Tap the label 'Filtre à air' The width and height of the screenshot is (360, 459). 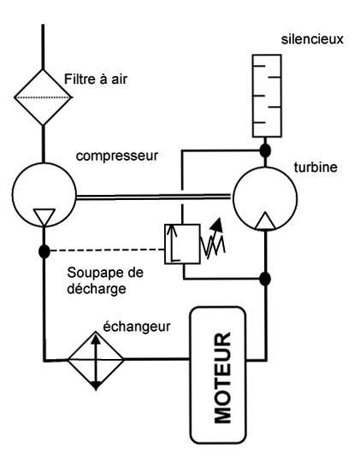point(96,79)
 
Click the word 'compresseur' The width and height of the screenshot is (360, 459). point(117,156)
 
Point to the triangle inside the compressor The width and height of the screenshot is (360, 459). point(44,216)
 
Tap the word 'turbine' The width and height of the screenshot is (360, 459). point(316,168)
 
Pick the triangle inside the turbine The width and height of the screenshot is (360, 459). point(265,221)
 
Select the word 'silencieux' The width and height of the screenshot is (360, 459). point(312,39)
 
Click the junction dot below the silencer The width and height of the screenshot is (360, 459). point(265,150)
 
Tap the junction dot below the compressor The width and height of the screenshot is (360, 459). point(44,251)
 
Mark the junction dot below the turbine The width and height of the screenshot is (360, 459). point(265,279)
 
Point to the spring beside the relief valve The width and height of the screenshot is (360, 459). point(213,244)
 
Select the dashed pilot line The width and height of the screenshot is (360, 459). point(107,250)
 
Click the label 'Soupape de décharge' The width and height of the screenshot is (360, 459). point(105,280)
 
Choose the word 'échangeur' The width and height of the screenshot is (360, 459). point(137,327)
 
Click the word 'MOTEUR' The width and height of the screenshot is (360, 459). point(222,378)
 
